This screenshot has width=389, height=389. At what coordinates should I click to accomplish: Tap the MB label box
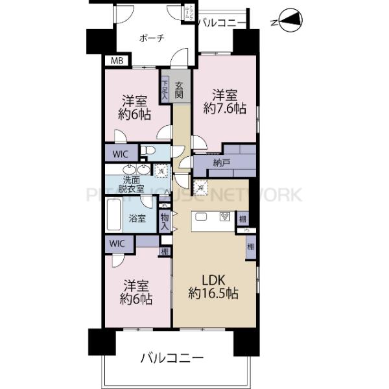pyautogui.click(x=116, y=62)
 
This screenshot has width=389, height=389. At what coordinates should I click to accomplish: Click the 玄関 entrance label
pyautogui.click(x=178, y=89)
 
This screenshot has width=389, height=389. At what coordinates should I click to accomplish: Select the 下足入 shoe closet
pyautogui.click(x=165, y=89)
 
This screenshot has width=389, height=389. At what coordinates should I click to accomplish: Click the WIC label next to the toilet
pyautogui.click(x=121, y=154)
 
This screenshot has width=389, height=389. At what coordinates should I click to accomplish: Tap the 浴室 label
pyautogui.click(x=137, y=218)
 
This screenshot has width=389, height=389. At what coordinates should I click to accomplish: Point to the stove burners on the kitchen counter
pyautogui.click(x=224, y=217)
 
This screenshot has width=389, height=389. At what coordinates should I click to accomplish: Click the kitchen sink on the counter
pyautogui.click(x=202, y=217)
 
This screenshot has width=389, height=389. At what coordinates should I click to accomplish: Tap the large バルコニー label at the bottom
pyautogui.click(x=173, y=358)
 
